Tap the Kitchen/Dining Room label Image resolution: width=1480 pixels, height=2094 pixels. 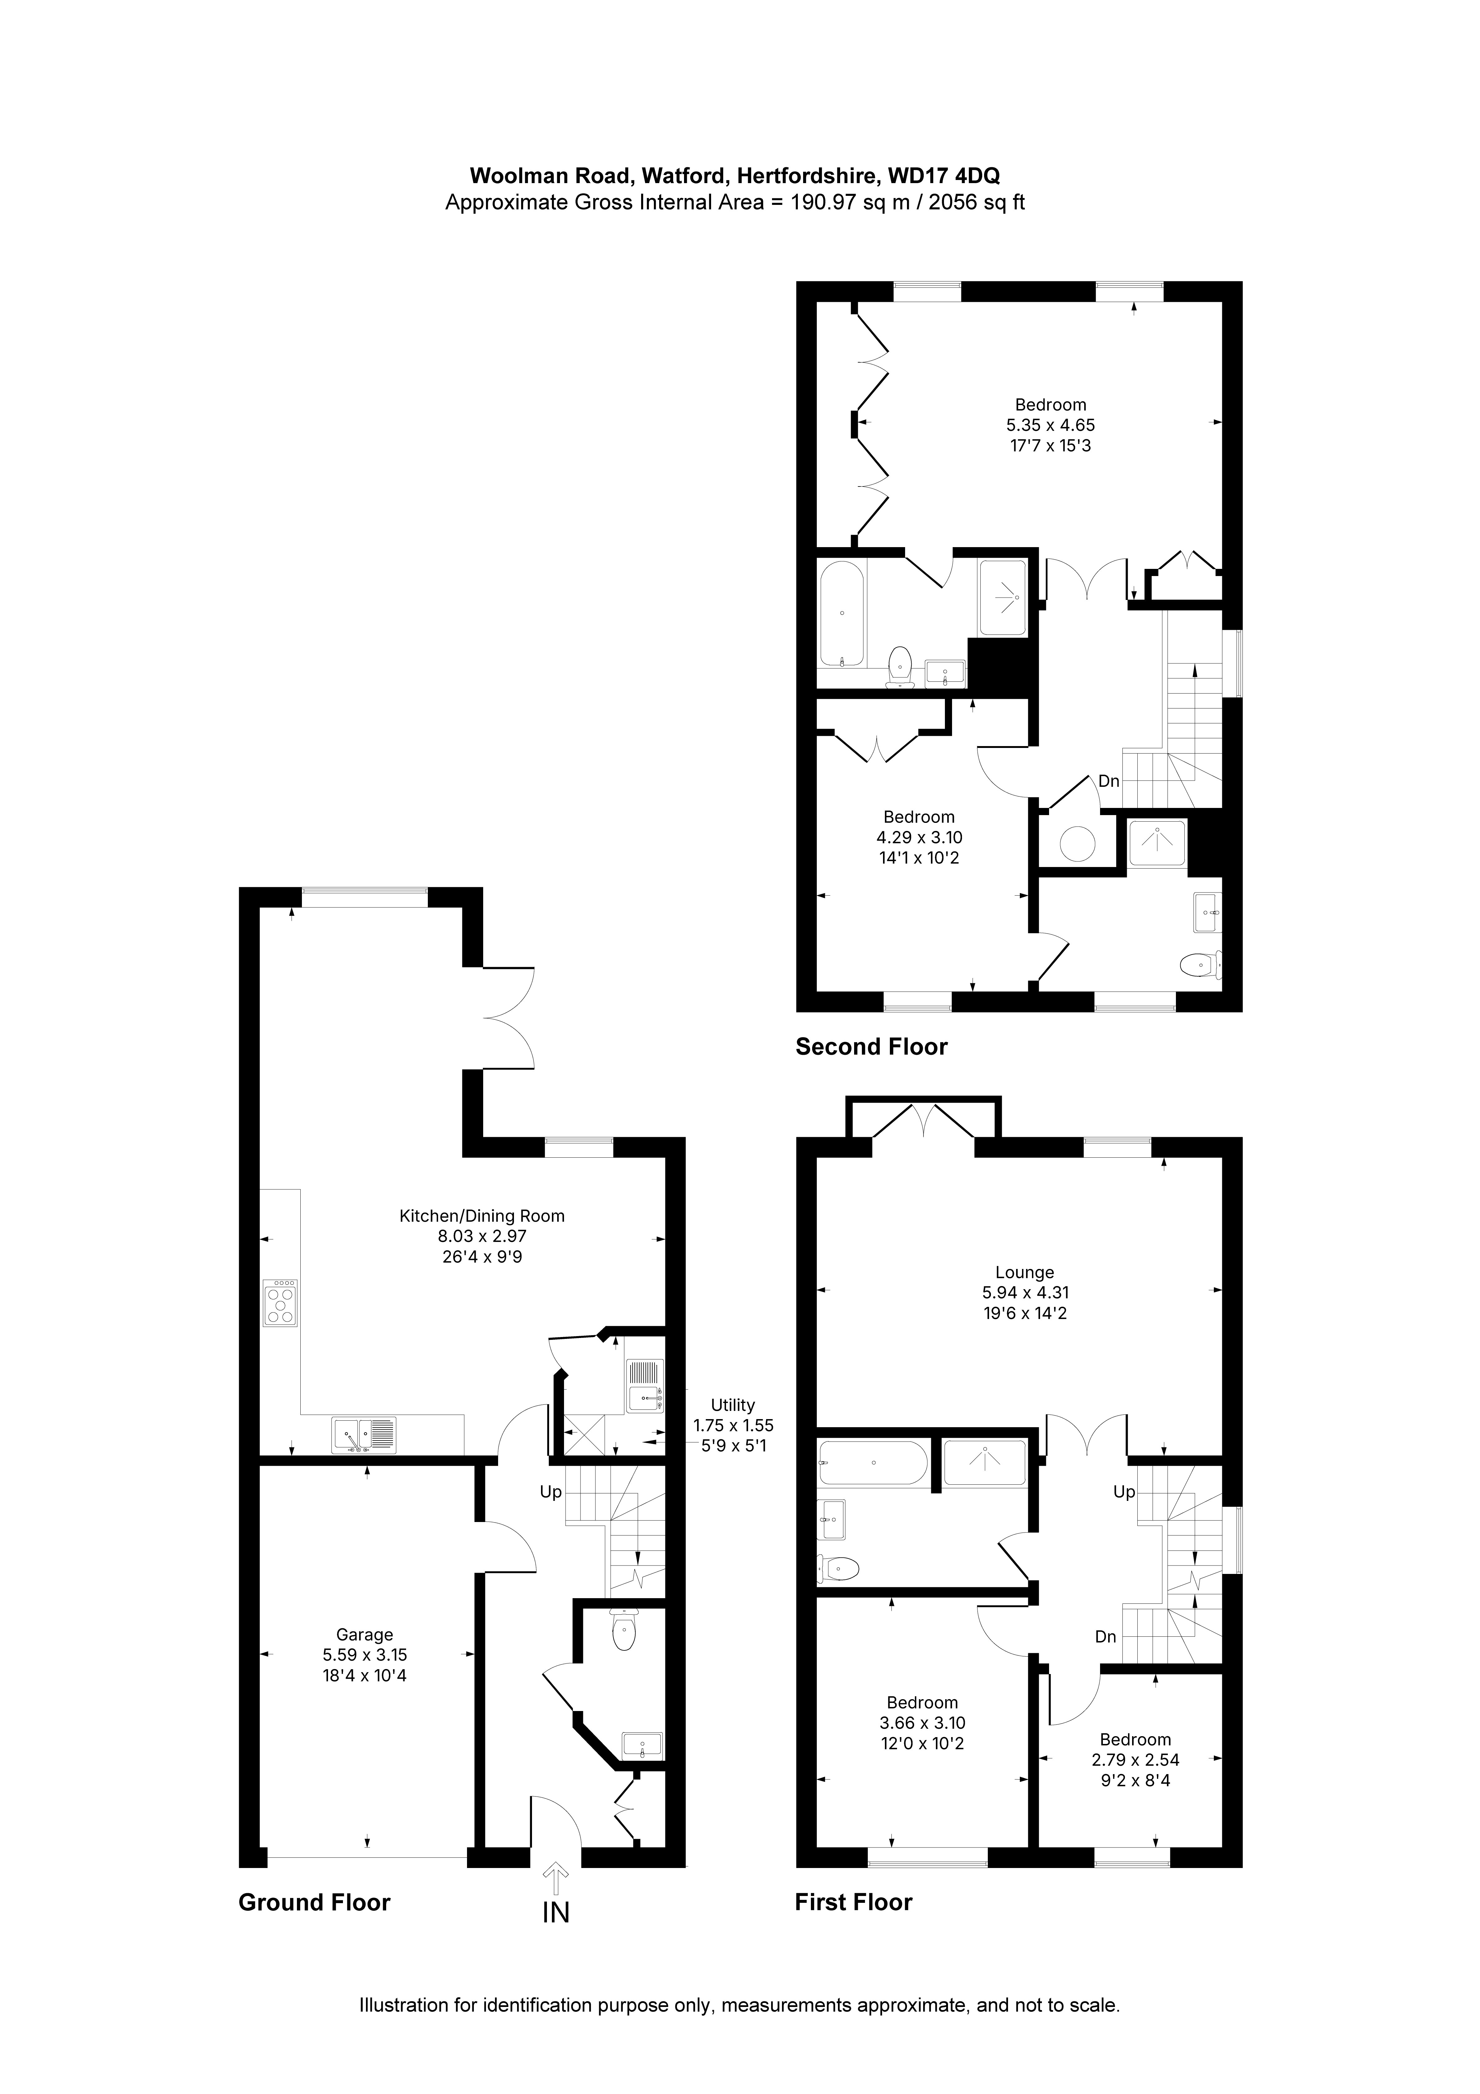click(x=482, y=1216)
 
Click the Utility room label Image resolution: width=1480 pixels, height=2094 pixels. click(x=733, y=1405)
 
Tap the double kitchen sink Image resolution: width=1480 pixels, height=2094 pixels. click(x=364, y=1436)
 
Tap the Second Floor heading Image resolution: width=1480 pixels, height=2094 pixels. click(x=872, y=1047)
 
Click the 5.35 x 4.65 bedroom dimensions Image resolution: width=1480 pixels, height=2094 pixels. click(x=1050, y=425)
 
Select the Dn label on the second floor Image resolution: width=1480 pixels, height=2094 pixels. click(x=1109, y=782)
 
